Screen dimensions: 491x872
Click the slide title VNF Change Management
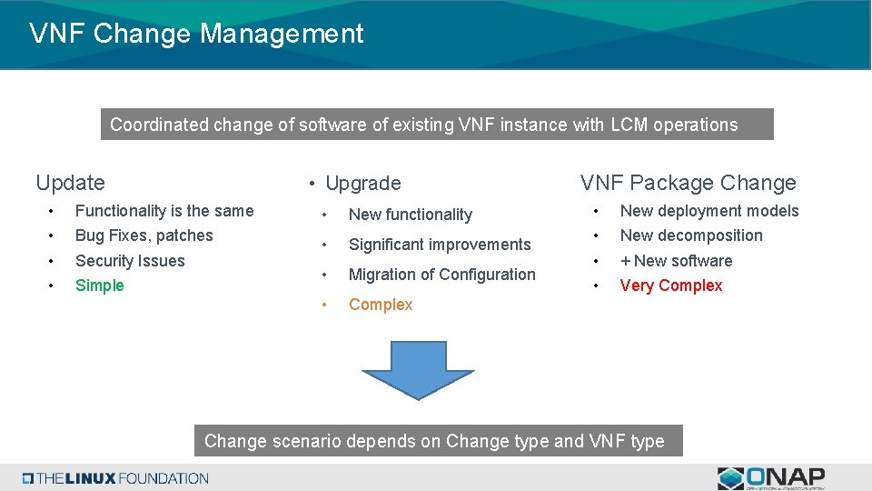point(196,34)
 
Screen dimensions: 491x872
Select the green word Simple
point(99,286)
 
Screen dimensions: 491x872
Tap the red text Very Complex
point(670,286)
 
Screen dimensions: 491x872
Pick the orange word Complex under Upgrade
point(381,305)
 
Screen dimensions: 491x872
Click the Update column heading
point(70,183)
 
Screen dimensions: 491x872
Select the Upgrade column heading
point(362,184)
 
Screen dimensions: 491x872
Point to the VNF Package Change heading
point(688,183)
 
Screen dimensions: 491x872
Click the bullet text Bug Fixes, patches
point(144,235)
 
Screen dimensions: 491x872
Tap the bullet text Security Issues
point(130,261)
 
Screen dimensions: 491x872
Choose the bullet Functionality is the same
point(164,211)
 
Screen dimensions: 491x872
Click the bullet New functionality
point(410,215)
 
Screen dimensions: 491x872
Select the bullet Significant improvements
point(440,245)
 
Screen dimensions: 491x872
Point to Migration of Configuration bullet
point(441,275)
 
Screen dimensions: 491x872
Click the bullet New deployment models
point(708,211)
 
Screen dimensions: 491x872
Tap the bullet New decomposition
point(690,235)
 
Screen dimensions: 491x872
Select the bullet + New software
point(676,261)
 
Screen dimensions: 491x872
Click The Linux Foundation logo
point(116,478)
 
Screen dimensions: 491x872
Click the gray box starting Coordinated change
point(436,125)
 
